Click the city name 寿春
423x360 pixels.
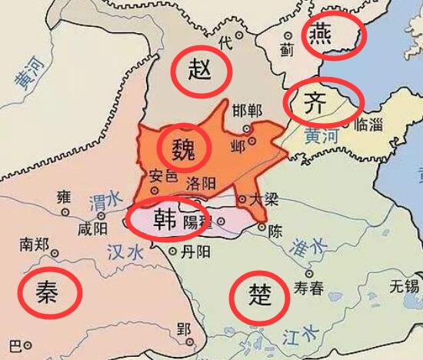(310, 288)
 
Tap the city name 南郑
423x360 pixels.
(35, 245)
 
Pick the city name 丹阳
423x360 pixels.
(192, 252)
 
